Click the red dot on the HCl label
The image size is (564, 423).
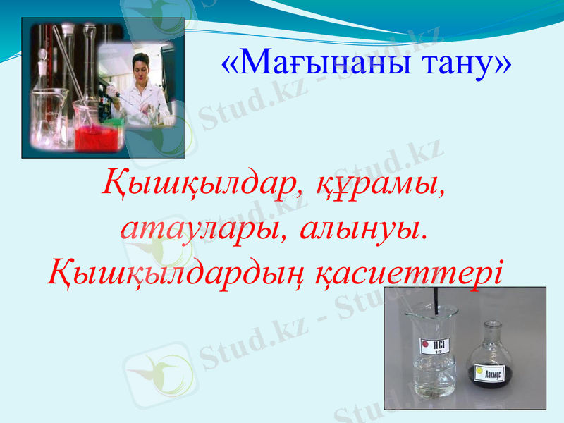425,345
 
